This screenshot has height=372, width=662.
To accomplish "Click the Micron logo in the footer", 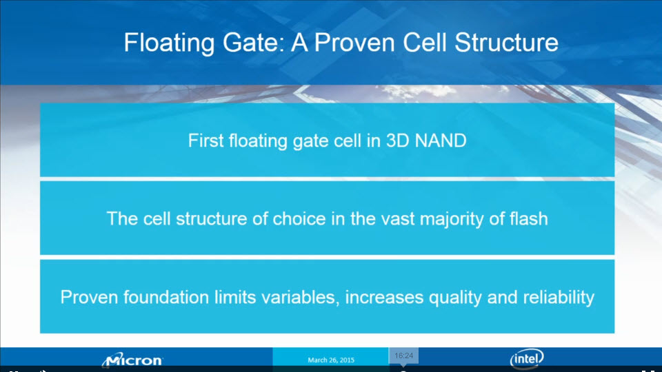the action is (x=132, y=360).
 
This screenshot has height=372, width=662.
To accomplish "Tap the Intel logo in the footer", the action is (x=526, y=358).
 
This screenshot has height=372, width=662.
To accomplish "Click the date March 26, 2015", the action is (x=331, y=360).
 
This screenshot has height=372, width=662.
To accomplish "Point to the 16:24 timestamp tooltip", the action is (x=403, y=355).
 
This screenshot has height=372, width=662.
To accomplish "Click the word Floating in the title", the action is (x=169, y=43).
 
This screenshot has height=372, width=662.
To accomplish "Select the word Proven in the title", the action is (x=353, y=43).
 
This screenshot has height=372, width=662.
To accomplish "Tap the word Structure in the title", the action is (x=507, y=43).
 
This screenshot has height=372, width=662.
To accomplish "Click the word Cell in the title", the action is (x=424, y=43).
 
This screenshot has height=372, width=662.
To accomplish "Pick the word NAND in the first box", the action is (x=441, y=141).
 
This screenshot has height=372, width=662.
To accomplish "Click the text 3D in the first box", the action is (x=397, y=141).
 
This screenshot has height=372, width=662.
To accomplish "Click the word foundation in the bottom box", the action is (x=166, y=298).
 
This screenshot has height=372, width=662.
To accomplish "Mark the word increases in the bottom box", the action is (x=384, y=298).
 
